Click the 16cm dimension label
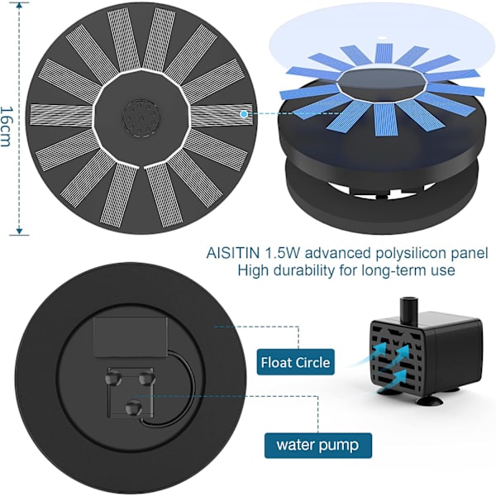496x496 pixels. click(7, 126)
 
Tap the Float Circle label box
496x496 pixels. click(295, 362)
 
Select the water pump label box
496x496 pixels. click(318, 446)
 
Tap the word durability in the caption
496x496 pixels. click(303, 271)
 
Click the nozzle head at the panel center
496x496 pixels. click(141, 118)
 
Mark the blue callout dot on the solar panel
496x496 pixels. click(244, 114)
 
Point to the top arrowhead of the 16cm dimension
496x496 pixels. click(19, 6)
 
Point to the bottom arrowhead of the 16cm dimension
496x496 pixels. click(19, 231)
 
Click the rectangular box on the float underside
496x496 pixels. click(131, 337)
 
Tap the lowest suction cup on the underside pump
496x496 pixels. click(133, 408)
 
